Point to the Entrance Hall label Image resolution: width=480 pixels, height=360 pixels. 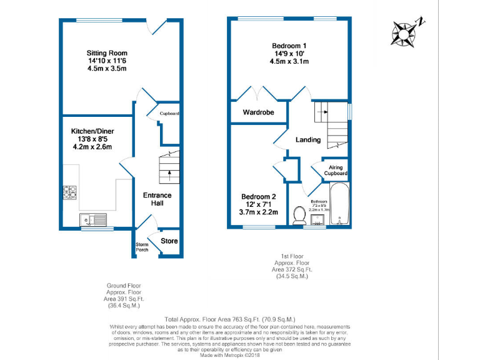pos(157,200)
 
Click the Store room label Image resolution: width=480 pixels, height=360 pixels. pos(169,241)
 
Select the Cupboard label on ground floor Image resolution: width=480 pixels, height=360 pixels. pos(169,114)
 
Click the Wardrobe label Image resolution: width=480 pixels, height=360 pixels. pos(259,113)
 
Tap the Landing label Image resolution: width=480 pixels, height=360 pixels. pos(308,139)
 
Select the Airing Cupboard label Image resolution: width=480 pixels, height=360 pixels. pos(336,170)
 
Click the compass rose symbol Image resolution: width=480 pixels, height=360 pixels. pos(406,32)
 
